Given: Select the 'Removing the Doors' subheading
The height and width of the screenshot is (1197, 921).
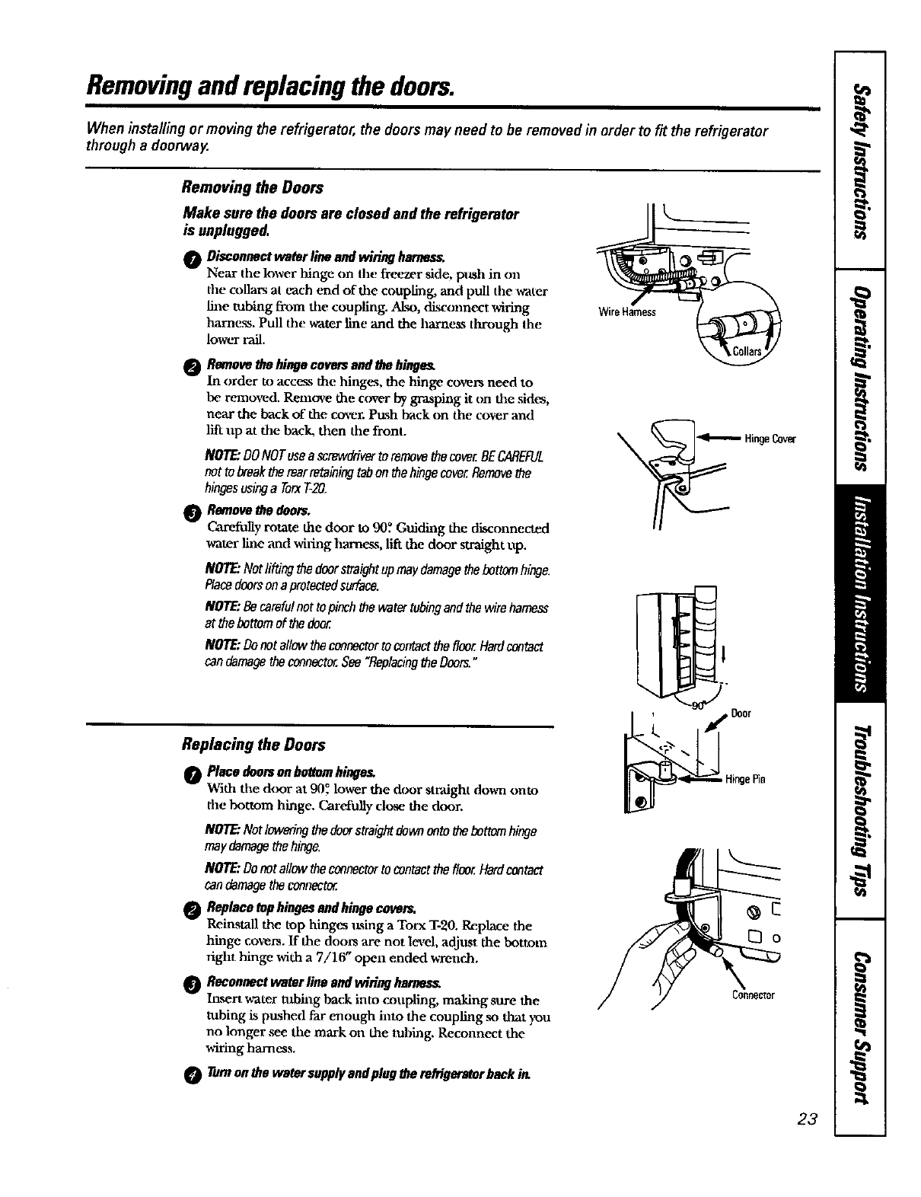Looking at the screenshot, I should (252, 187).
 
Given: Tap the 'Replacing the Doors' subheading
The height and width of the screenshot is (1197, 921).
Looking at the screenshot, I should (253, 744).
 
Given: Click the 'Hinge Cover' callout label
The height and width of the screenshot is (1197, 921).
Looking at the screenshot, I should (770, 439).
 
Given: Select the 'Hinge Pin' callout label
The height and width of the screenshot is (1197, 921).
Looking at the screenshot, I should (745, 779).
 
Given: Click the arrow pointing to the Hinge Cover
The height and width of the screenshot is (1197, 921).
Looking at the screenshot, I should (720, 439).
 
